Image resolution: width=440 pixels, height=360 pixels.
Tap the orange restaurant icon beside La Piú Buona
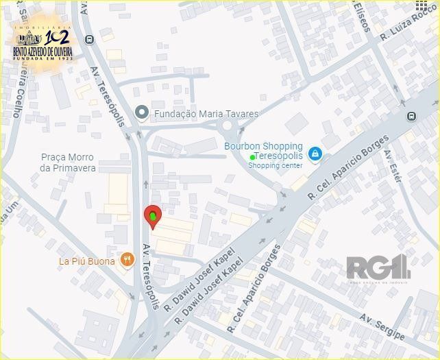127,260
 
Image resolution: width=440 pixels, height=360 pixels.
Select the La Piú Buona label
87,261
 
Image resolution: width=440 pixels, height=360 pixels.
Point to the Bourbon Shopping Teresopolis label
263,151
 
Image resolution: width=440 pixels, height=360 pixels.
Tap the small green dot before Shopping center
253,157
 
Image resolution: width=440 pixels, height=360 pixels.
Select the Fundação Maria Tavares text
206,114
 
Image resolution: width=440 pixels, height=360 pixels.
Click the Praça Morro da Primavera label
67,163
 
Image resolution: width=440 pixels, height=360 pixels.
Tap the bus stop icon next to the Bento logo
89,40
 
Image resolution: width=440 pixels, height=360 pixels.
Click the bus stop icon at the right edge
411,116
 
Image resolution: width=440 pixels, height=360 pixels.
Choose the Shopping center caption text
275,166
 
